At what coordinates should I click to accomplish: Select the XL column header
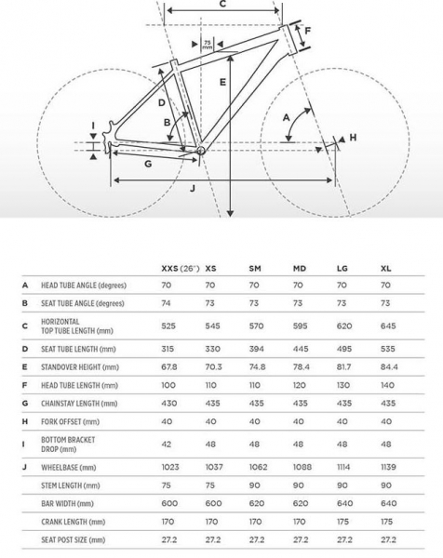pyautogui.click(x=385, y=268)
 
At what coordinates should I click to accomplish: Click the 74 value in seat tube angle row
pyautogui.click(x=166, y=303)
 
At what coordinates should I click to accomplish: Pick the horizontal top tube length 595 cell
pyautogui.click(x=301, y=325)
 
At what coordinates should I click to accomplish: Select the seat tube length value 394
pyautogui.click(x=256, y=348)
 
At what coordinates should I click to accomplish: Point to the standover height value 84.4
pyautogui.click(x=389, y=367)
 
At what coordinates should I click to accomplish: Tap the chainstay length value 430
pyautogui.click(x=168, y=403)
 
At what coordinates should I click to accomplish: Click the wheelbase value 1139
pyautogui.click(x=389, y=466)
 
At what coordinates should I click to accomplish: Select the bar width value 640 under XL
pyautogui.click(x=387, y=503)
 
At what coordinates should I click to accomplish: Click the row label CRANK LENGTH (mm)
pyautogui.click(x=74, y=521)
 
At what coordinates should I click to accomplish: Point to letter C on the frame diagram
pyautogui.click(x=222, y=5)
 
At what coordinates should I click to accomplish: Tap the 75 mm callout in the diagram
pyautogui.click(x=207, y=45)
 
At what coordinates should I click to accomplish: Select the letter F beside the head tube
pyautogui.click(x=307, y=31)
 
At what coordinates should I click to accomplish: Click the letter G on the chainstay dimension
pyautogui.click(x=148, y=164)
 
